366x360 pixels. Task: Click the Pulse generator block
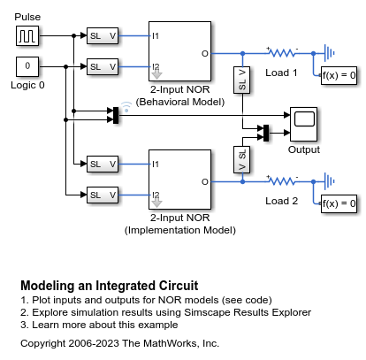click(27, 35)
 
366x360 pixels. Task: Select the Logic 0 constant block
click(27, 66)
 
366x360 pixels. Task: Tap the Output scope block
click(303, 124)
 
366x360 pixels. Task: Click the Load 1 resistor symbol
click(282, 53)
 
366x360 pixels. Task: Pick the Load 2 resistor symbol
click(282, 181)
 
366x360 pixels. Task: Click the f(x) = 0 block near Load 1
click(339, 75)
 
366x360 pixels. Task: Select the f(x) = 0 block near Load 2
click(339, 203)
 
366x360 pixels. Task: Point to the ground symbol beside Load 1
click(330, 53)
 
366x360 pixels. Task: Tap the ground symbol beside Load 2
click(330, 181)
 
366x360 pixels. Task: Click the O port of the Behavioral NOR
click(205, 54)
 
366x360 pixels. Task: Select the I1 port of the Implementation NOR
click(156, 165)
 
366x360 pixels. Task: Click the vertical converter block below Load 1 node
click(242, 80)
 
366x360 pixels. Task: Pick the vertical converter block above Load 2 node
click(242, 159)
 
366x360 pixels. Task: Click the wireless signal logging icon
click(126, 107)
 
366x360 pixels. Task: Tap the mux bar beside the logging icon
click(116, 115)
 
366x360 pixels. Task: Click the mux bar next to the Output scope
click(266, 133)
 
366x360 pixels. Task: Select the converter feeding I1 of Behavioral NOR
click(103, 36)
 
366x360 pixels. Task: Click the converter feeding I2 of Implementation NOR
click(103, 195)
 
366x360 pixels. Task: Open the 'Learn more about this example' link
click(105, 325)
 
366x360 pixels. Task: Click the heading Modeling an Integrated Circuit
click(110, 286)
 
